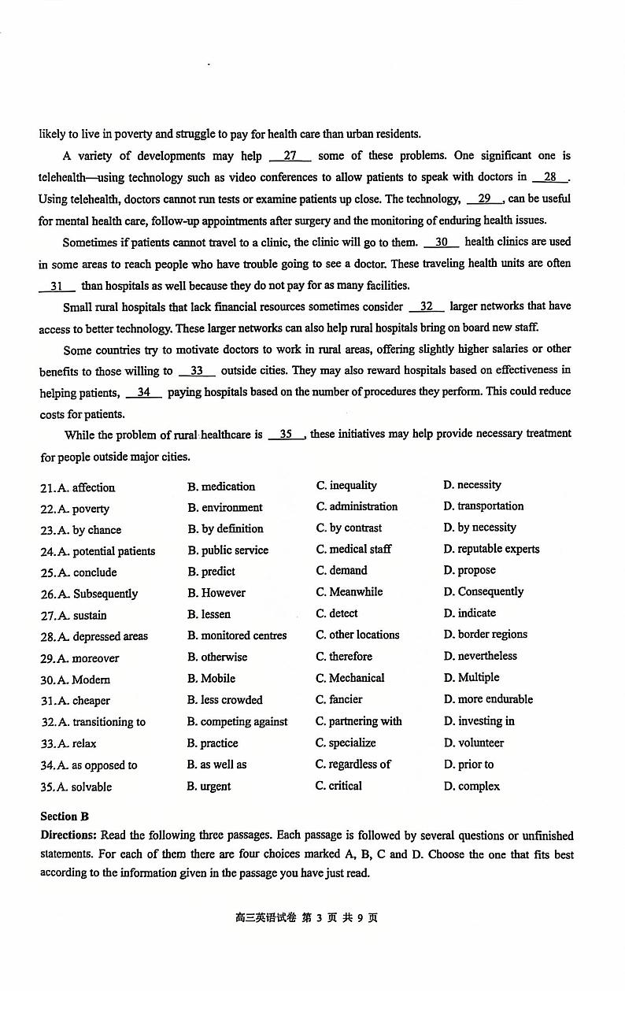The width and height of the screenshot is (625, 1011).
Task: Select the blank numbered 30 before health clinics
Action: pos(442,243)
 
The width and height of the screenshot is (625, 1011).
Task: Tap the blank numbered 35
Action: pos(286,434)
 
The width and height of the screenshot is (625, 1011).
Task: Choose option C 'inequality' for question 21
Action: pos(346,486)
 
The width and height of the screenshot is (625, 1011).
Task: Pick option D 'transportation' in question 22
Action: pos(483,506)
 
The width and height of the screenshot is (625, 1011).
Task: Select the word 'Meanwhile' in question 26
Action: pos(349,592)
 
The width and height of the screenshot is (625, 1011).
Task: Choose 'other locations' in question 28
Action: pos(357,635)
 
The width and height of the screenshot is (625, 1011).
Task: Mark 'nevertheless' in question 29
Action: pos(480,656)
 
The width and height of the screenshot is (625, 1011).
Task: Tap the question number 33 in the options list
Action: pos(48,743)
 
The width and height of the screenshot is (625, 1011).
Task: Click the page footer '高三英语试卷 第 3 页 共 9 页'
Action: pos(306,918)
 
